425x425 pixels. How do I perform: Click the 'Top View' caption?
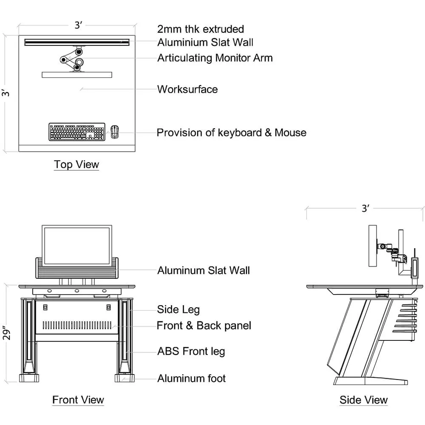coord(76,164)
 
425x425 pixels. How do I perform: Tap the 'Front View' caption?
coord(78,399)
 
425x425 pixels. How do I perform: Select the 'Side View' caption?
coord(363,399)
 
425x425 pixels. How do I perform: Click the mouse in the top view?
coord(114,131)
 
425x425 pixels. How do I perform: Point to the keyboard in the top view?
coord(77,132)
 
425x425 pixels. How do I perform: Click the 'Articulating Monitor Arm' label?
coord(215,58)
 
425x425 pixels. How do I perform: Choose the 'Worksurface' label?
coord(187,89)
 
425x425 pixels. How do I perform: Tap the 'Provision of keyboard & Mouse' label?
coord(232,133)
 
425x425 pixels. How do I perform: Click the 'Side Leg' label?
coord(178,309)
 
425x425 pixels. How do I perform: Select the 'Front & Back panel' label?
coord(204,326)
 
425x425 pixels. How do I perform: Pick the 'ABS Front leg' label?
coord(191,351)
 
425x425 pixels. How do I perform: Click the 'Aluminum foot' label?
coord(191,378)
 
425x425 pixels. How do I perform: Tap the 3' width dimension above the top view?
coord(78,25)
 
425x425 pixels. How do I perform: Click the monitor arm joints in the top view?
coord(73,59)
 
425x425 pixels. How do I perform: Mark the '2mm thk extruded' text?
coord(201,29)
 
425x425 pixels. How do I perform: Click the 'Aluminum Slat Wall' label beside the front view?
coord(204,270)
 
